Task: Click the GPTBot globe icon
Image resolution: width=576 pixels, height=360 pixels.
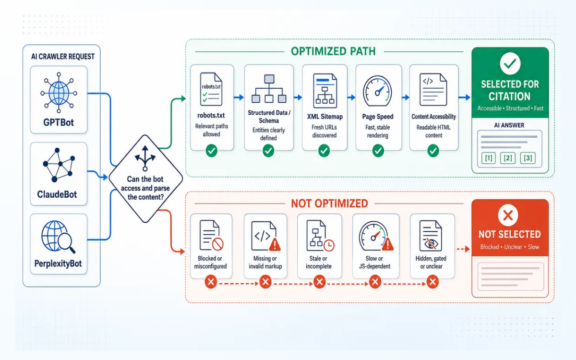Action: click(59, 93)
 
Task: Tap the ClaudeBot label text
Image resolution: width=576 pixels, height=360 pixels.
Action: click(57, 194)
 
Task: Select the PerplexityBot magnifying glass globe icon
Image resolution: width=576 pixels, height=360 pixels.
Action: click(59, 237)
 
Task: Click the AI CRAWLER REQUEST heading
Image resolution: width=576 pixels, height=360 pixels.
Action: click(63, 57)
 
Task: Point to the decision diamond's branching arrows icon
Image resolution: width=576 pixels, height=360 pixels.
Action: click(145, 158)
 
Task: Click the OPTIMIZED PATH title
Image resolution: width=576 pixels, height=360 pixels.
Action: click(333, 51)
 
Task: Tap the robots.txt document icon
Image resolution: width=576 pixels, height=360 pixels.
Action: click(211, 89)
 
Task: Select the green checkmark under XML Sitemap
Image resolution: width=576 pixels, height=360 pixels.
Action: click(324, 151)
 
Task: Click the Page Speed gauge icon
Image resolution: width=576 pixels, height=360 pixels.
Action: click(377, 91)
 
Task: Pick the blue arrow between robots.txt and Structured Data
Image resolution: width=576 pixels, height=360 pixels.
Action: click(239, 97)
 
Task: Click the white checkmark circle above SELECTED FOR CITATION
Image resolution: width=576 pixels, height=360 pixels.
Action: click(510, 63)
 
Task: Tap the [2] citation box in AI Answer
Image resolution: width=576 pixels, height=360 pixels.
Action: click(508, 158)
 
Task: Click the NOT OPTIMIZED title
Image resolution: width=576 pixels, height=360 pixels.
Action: click(329, 204)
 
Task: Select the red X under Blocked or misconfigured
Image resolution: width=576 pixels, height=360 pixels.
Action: click(211, 282)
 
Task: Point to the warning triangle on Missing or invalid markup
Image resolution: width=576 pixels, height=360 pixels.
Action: click(275, 244)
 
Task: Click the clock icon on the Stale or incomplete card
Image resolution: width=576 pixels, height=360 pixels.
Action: click(329, 246)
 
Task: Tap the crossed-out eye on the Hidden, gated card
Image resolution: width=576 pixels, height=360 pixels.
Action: click(431, 243)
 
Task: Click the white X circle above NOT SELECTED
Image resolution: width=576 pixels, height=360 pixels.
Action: click(508, 215)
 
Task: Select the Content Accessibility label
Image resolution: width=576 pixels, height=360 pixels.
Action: click(433, 117)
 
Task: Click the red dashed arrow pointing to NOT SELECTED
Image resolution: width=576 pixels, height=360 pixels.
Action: click(463, 249)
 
